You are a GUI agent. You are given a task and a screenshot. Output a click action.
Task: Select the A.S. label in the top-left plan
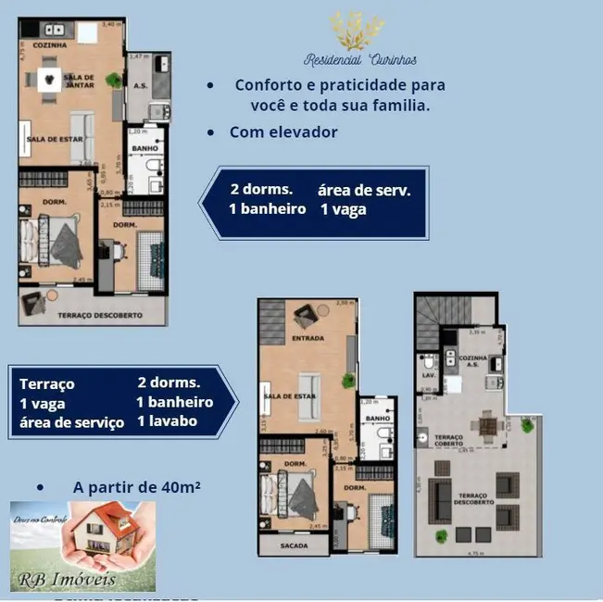point(141,86)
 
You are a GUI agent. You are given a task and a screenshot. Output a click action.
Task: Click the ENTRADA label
point(308,338)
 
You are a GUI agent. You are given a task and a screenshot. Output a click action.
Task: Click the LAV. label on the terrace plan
point(428,376)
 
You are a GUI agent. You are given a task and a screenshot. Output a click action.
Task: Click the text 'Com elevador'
point(283,132)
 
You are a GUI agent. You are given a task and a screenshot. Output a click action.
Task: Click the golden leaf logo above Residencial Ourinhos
point(357,31)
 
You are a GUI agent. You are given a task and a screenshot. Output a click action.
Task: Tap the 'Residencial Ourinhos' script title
point(360,59)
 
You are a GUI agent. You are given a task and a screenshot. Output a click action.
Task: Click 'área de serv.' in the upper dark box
point(363,190)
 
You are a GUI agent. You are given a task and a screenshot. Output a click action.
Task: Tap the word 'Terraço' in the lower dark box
point(47,383)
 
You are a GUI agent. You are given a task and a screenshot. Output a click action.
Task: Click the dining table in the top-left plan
point(50,80)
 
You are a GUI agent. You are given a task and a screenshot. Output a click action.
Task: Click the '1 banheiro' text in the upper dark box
point(267,209)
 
